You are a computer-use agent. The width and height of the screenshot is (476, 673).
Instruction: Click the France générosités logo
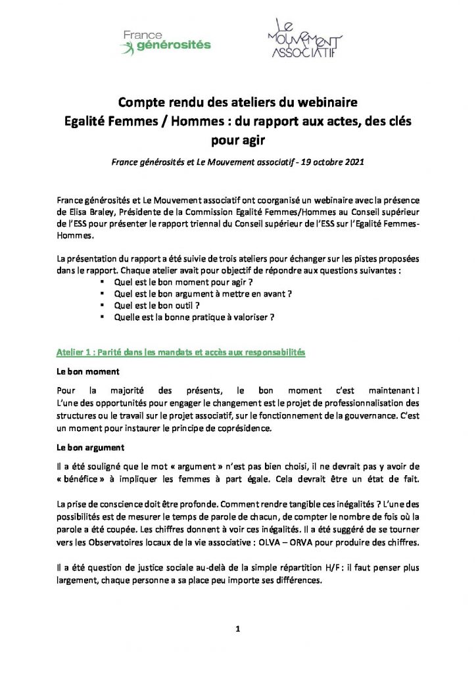(x=165, y=41)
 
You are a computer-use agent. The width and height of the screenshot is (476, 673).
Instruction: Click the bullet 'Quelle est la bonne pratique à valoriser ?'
(x=194, y=317)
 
